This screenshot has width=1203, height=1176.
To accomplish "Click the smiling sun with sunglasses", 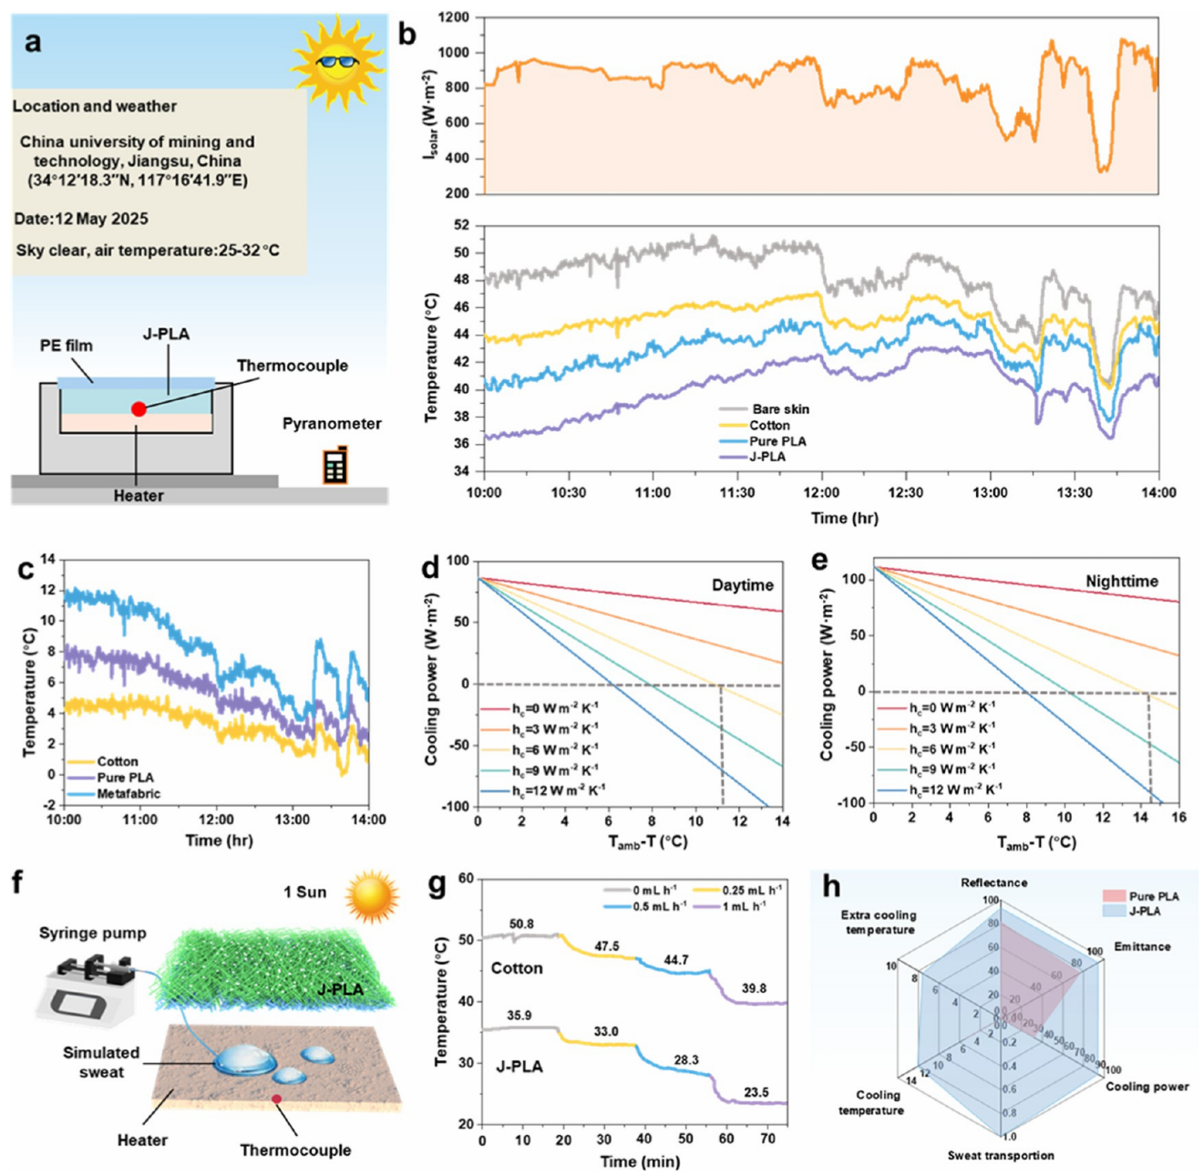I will (336, 62).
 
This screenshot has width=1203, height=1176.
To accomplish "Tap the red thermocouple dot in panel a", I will (139, 409).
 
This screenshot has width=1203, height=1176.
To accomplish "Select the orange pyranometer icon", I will (334, 465).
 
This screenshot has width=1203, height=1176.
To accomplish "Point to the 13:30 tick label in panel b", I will (1074, 492).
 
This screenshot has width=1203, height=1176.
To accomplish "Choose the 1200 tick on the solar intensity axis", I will (453, 17).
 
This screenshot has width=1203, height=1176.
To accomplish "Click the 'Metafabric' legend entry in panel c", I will (129, 794).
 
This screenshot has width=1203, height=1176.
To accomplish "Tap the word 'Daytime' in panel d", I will (742, 585).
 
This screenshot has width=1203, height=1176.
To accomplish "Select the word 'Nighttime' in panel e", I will (1122, 581).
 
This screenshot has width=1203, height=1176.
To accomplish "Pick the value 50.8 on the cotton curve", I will (521, 924).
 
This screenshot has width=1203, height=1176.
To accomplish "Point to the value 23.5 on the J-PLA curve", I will (756, 1092).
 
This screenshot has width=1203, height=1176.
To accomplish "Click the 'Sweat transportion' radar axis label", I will (1001, 1156).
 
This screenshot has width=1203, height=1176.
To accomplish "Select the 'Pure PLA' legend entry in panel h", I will (1153, 896).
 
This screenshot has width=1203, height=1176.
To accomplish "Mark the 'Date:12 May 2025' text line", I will (81, 219).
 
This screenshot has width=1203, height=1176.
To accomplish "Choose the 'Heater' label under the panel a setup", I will (139, 496).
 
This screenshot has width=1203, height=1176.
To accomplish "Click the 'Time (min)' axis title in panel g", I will (639, 1161).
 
